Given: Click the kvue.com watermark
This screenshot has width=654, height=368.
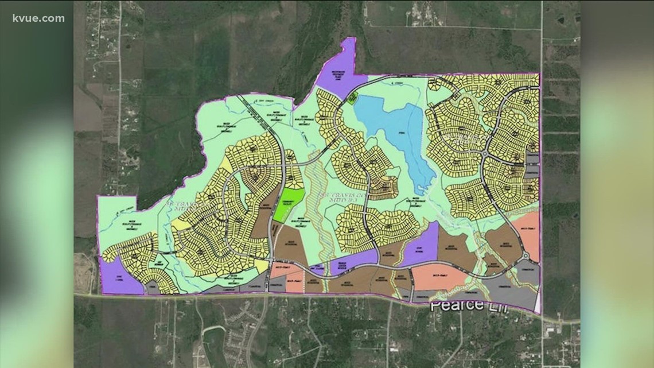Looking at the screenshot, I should click(38, 18).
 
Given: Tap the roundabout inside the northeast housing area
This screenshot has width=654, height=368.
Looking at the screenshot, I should click(485, 154).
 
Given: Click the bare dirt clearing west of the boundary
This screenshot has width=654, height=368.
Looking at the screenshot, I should click(85, 272).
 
